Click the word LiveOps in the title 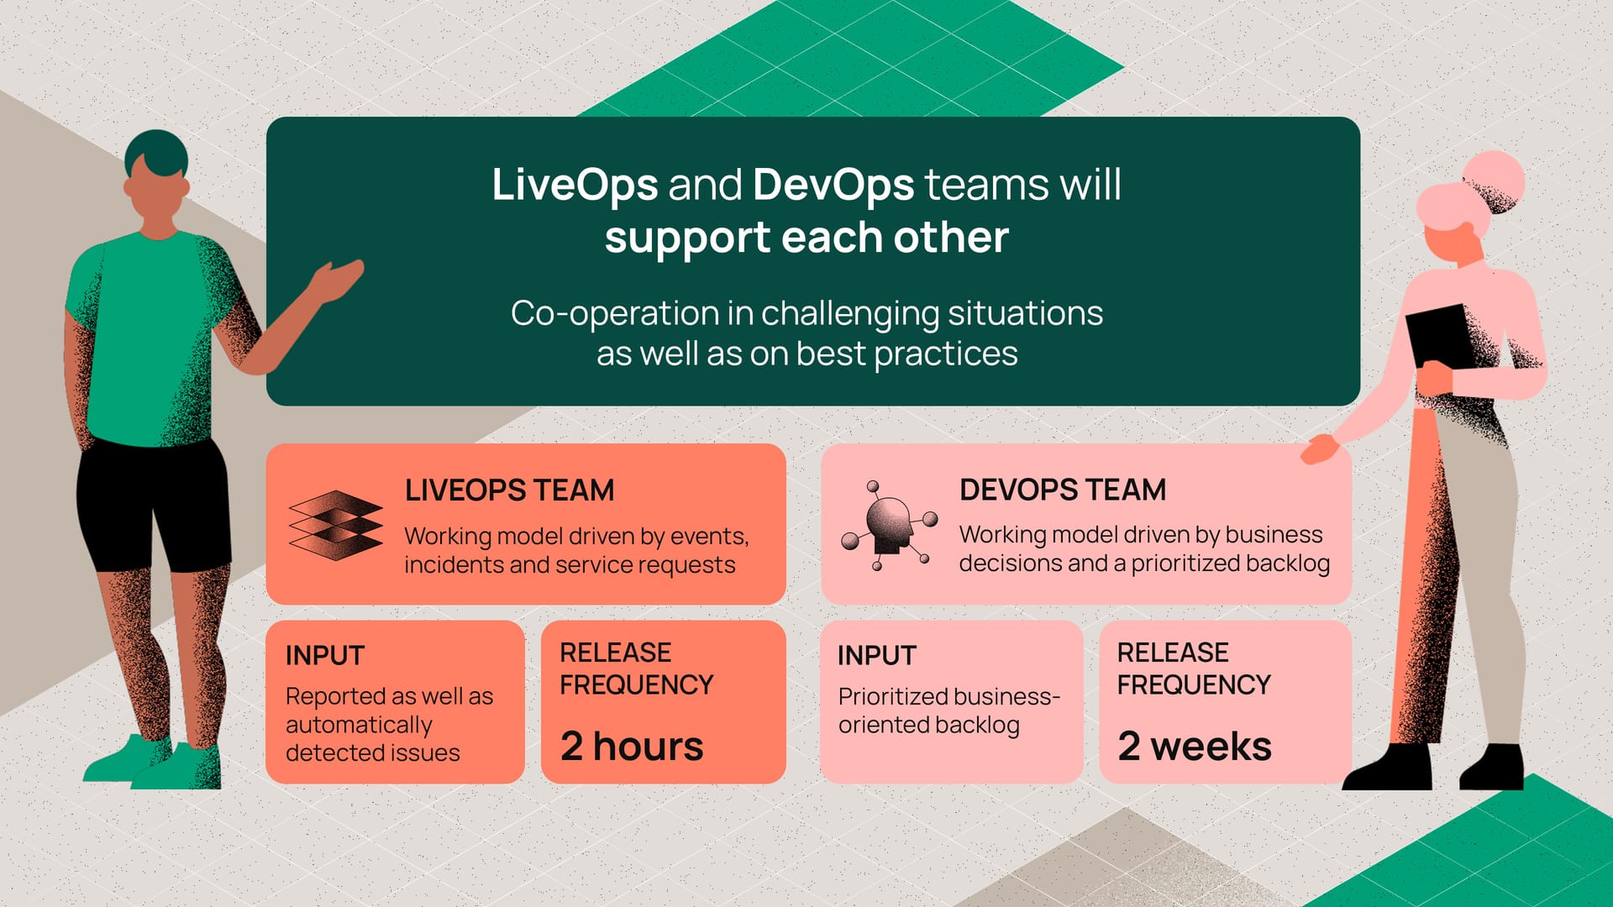point(575,185)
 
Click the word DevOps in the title point(833,185)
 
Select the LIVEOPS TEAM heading point(509,490)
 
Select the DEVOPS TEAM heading point(1063,490)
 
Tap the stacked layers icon point(334,525)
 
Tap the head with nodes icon point(890,525)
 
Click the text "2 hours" point(632,746)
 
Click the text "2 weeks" point(1195,746)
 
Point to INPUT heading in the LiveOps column point(325,655)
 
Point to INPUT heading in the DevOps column point(877,655)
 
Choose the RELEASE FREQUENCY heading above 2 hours point(636,668)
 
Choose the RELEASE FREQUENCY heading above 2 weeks point(1193,668)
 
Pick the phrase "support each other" point(806,238)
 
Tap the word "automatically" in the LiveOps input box point(359,724)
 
